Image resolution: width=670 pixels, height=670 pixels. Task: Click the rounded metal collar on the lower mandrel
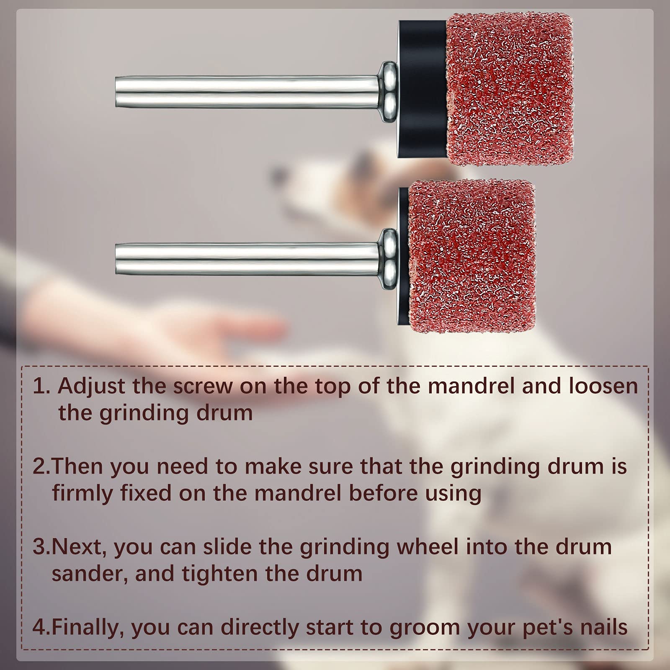point(389,259)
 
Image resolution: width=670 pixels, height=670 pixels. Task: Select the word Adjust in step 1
point(91,386)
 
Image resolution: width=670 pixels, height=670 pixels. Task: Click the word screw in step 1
point(203,386)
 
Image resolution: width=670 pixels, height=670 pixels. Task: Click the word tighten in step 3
point(220,574)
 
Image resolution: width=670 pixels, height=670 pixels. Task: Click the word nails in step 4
point(603,627)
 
